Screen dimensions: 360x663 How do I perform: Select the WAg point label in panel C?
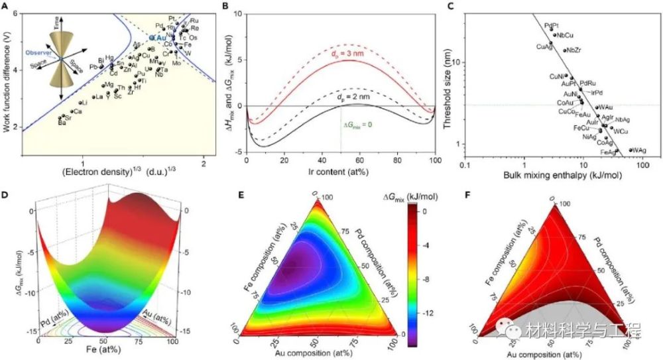(x=640, y=150)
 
